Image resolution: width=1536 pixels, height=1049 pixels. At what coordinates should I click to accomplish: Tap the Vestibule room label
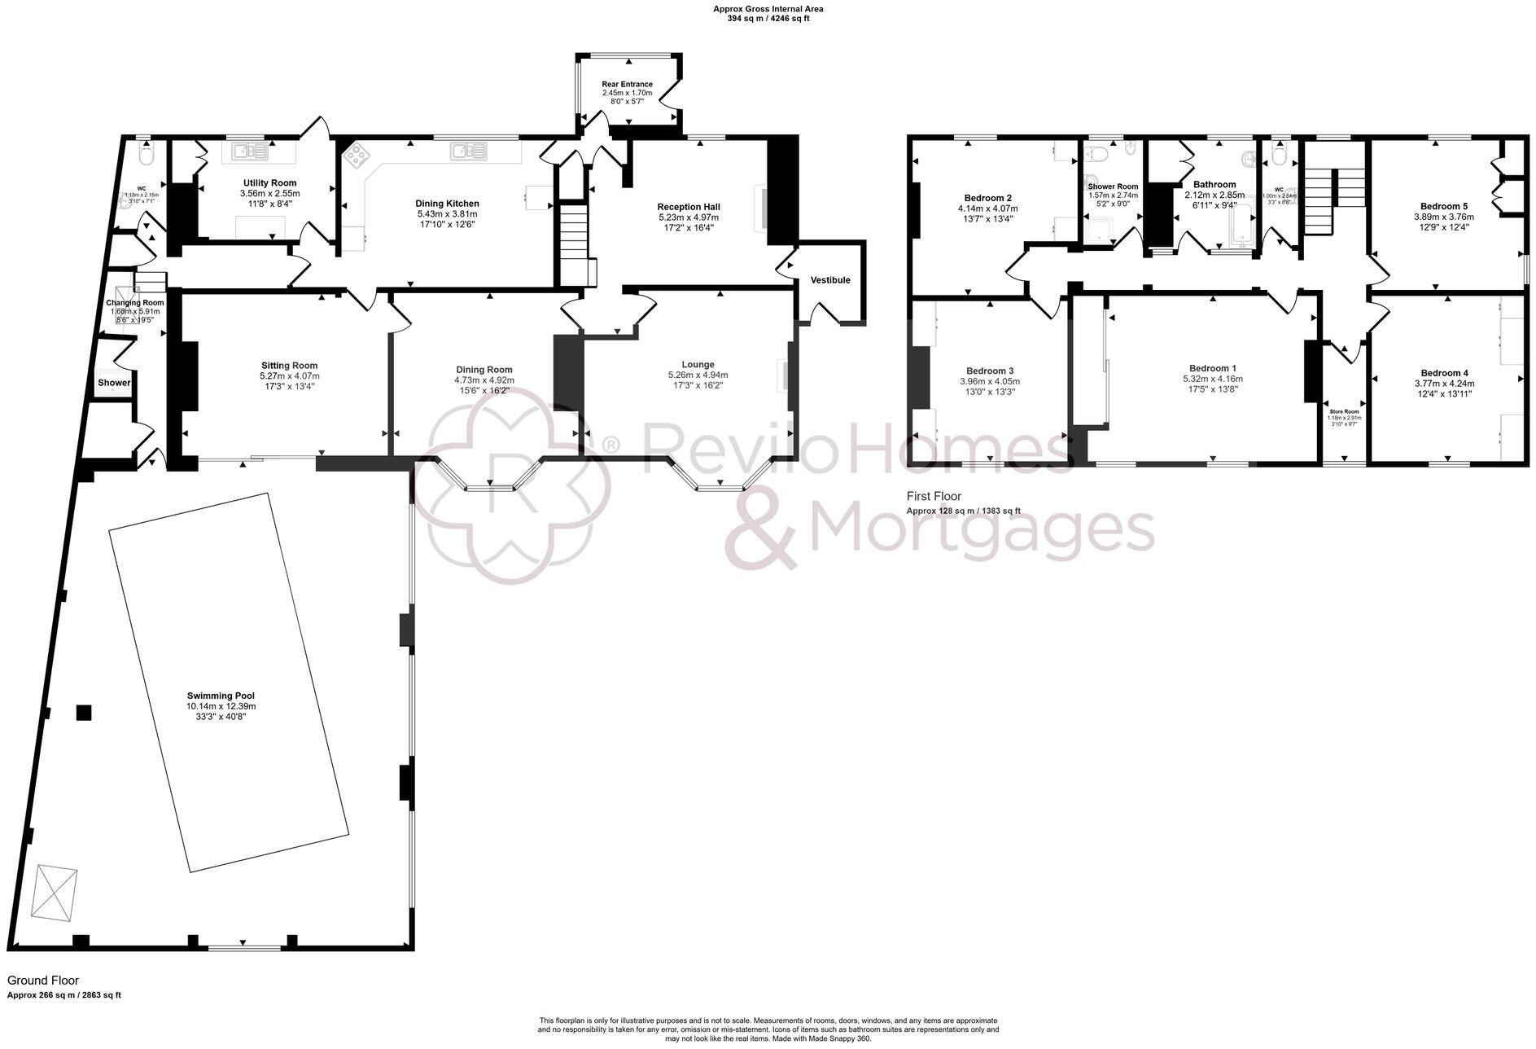pyautogui.click(x=829, y=280)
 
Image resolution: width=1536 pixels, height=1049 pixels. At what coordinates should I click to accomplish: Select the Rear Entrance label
pyautogui.click(x=627, y=84)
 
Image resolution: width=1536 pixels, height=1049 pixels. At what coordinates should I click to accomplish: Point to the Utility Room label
pyautogui.click(x=269, y=183)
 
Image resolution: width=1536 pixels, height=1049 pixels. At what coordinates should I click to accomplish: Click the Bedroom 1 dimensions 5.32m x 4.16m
pyautogui.click(x=1213, y=379)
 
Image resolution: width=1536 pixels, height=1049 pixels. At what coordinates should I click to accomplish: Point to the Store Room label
pyautogui.click(x=1344, y=412)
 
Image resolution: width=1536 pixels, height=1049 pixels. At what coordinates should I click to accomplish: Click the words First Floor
pyautogui.click(x=934, y=496)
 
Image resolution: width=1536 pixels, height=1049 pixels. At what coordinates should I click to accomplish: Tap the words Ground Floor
pyautogui.click(x=43, y=981)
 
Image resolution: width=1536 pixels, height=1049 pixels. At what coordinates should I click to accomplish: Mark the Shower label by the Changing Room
pyautogui.click(x=114, y=383)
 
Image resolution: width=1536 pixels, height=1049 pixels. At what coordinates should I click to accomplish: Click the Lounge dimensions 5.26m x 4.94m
pyautogui.click(x=698, y=375)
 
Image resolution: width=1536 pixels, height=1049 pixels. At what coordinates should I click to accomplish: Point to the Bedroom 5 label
pyautogui.click(x=1443, y=207)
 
